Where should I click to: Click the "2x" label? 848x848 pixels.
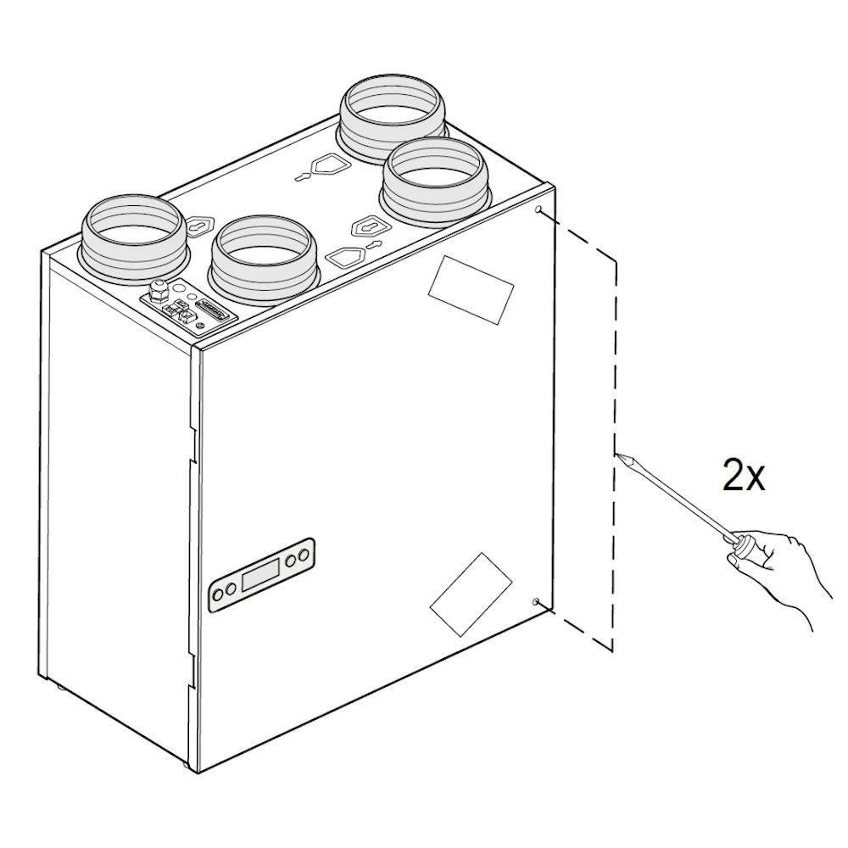[744, 474]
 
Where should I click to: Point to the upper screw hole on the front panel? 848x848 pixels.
[538, 209]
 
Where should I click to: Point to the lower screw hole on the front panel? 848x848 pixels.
[536, 602]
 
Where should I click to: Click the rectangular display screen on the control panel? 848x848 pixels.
[261, 574]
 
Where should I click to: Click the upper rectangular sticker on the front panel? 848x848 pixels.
[471, 290]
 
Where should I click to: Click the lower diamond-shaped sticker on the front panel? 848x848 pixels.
[471, 594]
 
